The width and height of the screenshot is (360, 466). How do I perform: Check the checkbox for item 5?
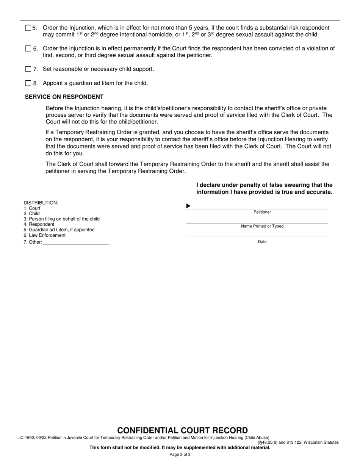tap(28, 28)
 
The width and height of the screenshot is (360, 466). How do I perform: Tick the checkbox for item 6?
tap(28, 48)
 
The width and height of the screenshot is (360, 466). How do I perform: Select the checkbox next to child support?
tap(28, 69)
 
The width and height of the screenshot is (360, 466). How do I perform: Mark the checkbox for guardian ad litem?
tap(28, 83)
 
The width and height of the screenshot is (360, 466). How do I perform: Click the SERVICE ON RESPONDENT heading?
tap(64, 97)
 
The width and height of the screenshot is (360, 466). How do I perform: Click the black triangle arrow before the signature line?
tap(188, 206)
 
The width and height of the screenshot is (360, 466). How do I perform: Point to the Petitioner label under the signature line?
tap(262, 212)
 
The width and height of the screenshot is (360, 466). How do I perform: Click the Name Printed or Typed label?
tap(262, 226)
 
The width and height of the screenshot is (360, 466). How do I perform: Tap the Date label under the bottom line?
tap(262, 242)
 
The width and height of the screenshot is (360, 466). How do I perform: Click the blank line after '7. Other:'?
tap(76, 242)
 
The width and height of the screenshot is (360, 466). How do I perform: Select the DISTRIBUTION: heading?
tap(41, 203)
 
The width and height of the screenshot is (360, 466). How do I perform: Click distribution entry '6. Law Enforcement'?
tap(44, 235)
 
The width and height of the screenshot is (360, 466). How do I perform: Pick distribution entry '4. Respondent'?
tap(39, 224)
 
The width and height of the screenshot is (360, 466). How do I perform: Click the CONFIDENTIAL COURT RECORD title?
tap(182, 430)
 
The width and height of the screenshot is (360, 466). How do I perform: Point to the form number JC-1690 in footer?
tap(26, 438)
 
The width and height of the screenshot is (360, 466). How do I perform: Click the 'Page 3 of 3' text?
tap(180, 455)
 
